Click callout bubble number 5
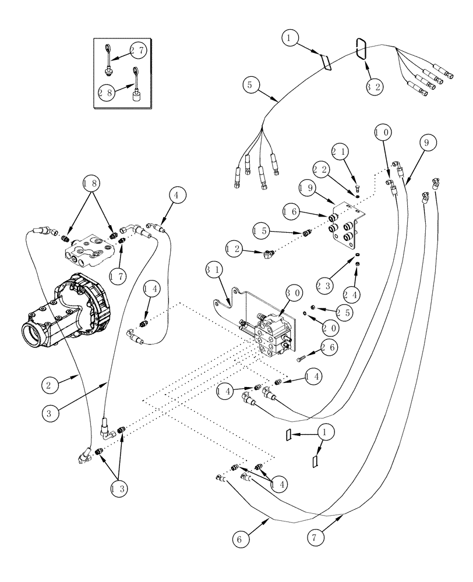250,84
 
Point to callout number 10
382,133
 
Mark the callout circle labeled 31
213,270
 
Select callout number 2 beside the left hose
50,385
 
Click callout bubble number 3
51,414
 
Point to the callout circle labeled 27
137,51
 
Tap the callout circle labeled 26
327,348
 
